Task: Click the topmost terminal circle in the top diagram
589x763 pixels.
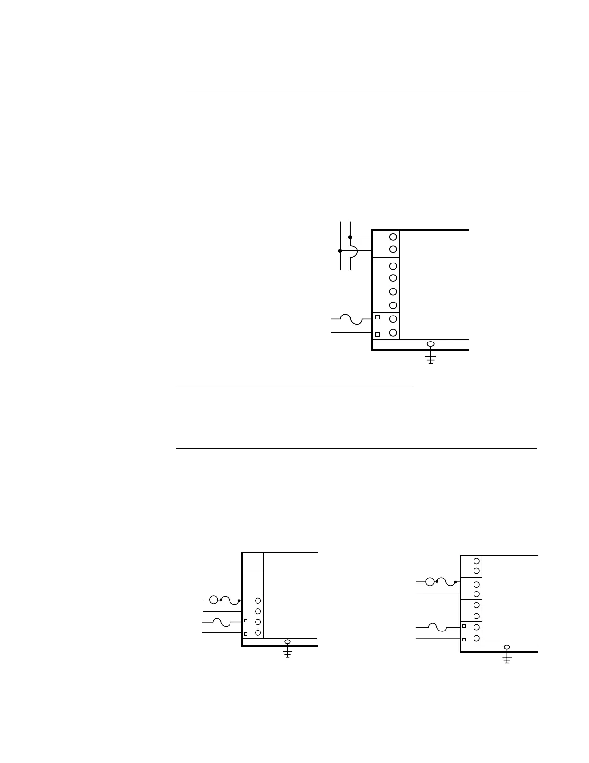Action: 393,237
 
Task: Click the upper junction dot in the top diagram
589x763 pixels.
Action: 350,237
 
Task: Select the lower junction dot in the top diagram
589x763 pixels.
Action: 340,250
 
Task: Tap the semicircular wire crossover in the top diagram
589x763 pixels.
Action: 354,251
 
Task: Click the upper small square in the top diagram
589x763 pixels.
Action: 378,317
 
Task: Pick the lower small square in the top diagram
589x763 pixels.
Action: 378,334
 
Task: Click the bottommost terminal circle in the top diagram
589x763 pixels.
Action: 393,333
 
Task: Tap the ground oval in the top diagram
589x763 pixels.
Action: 431,344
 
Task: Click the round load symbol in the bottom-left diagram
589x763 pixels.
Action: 214,600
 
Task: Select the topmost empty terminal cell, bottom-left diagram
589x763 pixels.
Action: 252,563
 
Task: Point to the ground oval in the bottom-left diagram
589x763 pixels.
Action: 288,642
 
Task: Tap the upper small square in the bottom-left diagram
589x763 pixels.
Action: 246,620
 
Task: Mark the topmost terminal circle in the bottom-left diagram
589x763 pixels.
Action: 258,601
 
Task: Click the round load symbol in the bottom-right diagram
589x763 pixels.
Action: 430,582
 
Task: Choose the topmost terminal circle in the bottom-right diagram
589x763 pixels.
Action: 476,561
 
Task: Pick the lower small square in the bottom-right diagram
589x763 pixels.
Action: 464,639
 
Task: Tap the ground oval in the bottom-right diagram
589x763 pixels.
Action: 507,647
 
